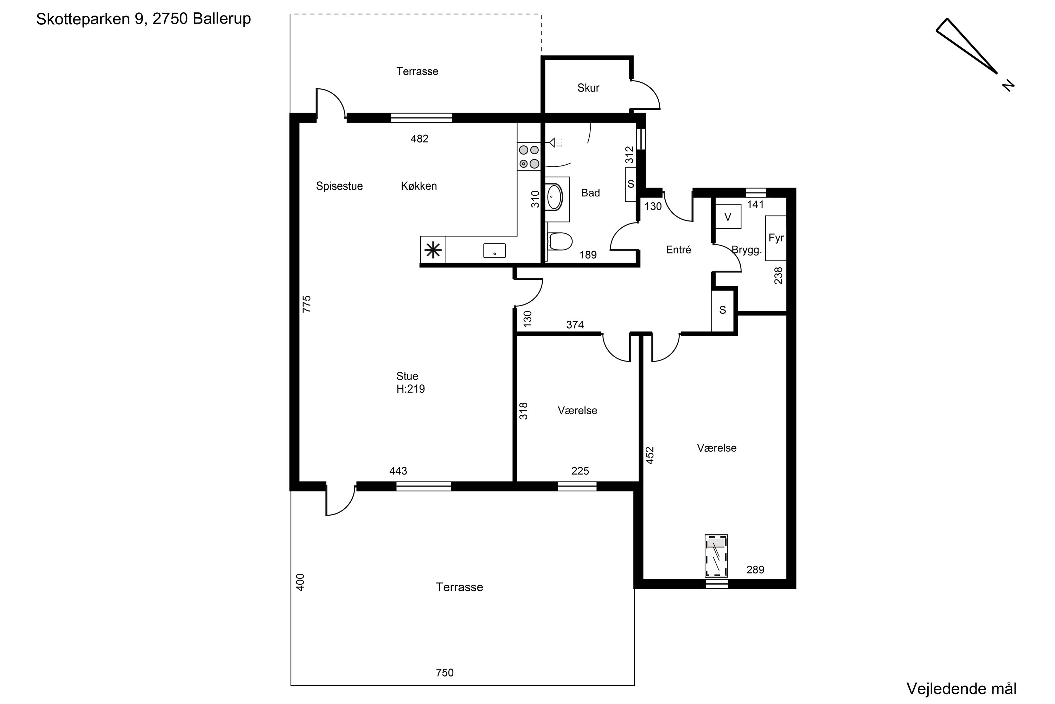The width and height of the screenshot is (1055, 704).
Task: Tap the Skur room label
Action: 588,88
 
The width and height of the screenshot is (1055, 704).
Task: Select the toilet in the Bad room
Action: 560,241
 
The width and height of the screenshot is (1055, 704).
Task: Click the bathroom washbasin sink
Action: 555,197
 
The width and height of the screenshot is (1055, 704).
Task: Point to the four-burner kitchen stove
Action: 529,157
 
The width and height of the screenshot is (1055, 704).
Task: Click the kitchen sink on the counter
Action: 494,251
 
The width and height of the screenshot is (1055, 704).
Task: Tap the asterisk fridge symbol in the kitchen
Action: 433,250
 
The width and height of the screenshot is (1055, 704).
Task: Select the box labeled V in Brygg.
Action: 728,217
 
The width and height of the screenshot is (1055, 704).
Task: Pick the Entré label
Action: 678,250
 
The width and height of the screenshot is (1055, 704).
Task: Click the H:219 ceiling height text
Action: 410,389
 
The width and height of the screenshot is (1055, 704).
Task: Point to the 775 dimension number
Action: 307,304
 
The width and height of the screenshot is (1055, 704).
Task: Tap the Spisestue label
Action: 339,186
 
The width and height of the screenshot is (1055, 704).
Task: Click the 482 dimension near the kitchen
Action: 420,139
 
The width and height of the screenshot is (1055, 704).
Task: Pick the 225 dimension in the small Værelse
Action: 580,471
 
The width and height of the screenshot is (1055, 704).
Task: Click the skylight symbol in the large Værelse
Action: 716,556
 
